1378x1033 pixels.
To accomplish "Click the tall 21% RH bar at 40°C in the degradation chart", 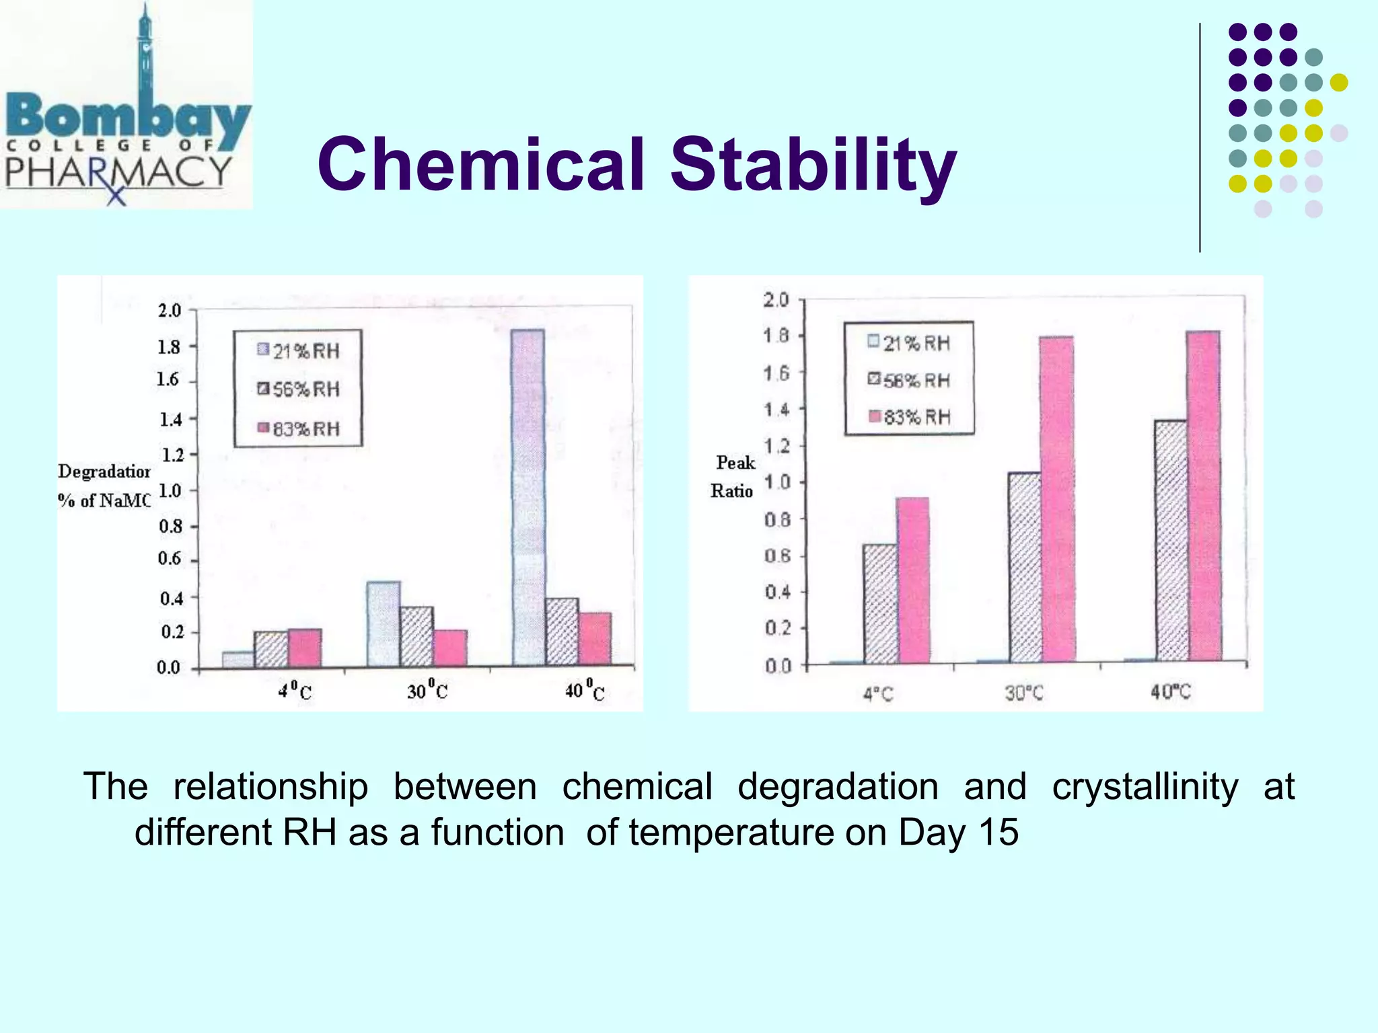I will pyautogui.click(x=528, y=498).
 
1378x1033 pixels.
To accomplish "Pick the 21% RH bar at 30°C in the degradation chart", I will pyautogui.click(x=384, y=624).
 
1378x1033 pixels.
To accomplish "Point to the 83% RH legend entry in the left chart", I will pyautogui.click(x=299, y=428).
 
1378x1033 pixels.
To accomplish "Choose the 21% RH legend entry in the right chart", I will pyautogui.click(x=909, y=343).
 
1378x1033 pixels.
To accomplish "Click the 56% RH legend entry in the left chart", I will pyautogui.click(x=299, y=389).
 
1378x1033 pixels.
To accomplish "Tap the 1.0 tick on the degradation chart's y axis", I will pyautogui.click(x=170, y=491).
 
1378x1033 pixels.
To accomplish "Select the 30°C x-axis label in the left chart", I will pyautogui.click(x=427, y=691).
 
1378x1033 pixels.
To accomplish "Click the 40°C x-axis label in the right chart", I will pyautogui.click(x=1170, y=692).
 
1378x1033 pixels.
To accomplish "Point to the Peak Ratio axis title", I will pyautogui.click(x=733, y=476).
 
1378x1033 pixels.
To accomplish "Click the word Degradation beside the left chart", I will pyautogui.click(x=104, y=471).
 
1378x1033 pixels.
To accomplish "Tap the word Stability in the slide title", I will pyautogui.click(x=813, y=164).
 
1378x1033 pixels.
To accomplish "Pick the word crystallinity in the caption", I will pyautogui.click(x=1145, y=786).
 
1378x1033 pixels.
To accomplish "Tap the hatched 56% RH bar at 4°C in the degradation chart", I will pyautogui.click(x=271, y=650).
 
